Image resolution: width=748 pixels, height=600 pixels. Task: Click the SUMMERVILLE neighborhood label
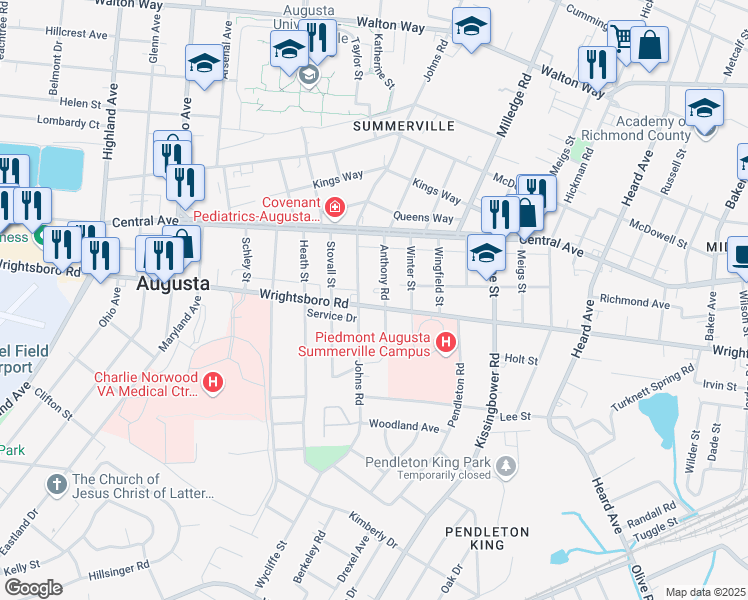(x=403, y=127)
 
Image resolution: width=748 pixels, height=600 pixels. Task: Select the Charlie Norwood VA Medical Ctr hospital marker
(x=212, y=381)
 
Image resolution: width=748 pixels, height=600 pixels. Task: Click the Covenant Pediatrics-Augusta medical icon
(x=335, y=208)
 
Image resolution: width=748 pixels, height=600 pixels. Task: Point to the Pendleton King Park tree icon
(x=508, y=465)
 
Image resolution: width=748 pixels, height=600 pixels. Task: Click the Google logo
(x=32, y=587)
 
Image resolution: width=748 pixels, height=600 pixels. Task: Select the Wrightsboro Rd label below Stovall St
(x=303, y=298)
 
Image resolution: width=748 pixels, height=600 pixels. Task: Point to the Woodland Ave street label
(x=404, y=427)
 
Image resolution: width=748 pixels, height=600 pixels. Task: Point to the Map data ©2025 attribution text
(x=706, y=592)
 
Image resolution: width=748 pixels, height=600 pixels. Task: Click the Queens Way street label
(x=425, y=218)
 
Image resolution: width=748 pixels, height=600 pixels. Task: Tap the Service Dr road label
(x=325, y=315)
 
